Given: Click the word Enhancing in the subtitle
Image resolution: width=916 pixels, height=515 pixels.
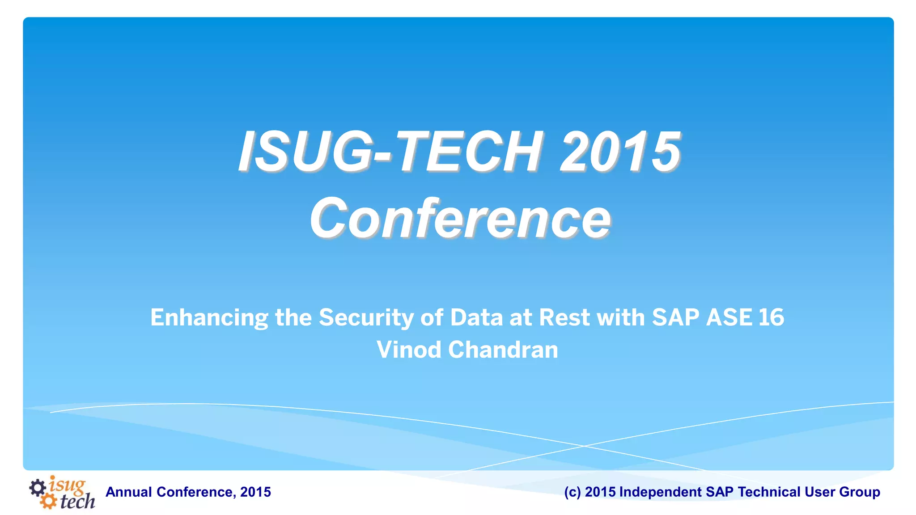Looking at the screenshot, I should tap(209, 318).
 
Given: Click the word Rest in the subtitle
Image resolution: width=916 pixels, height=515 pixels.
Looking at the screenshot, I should tap(564, 318).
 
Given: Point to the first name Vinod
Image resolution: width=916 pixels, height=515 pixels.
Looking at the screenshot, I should tap(409, 350).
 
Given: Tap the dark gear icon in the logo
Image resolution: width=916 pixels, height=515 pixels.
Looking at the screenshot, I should tap(38, 487).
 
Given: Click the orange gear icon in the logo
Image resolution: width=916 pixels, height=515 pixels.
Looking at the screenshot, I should tap(48, 501).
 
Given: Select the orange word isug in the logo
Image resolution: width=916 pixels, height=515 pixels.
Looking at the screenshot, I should tap(67, 485).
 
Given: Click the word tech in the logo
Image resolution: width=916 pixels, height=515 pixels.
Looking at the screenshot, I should tap(77, 502).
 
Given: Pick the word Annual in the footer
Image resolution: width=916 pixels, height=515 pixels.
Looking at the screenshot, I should tap(128, 492).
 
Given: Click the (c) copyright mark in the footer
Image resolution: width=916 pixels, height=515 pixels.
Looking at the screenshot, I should tap(572, 492).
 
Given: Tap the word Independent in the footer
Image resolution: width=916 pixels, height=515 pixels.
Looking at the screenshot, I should tap(660, 492).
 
